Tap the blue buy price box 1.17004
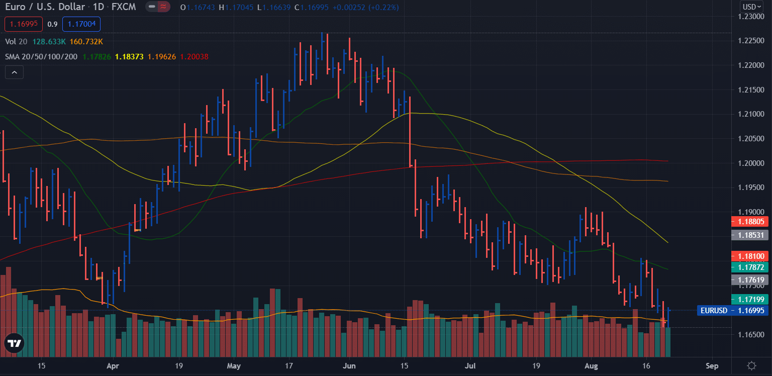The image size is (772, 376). (x=81, y=24)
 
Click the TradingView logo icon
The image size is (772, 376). (x=14, y=344)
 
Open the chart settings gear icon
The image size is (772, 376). (x=752, y=366)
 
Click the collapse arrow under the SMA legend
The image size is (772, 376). (x=14, y=72)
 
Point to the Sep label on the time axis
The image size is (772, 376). (x=712, y=365)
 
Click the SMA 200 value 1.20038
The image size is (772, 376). (x=194, y=57)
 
